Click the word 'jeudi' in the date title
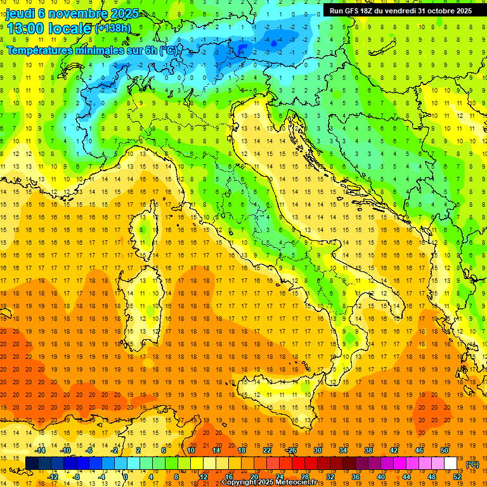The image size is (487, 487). pos(20,14)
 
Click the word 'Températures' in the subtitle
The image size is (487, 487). pos(39,49)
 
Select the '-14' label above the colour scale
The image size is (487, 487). pos(40,450)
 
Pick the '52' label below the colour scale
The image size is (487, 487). pos(457,477)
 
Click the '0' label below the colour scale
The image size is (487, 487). pos(126,477)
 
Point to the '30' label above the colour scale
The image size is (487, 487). pos(317,450)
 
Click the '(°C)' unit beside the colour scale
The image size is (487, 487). pos(472,464)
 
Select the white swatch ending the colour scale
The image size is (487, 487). pos(450,464)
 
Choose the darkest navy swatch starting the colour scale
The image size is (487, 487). pos(32,464)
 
